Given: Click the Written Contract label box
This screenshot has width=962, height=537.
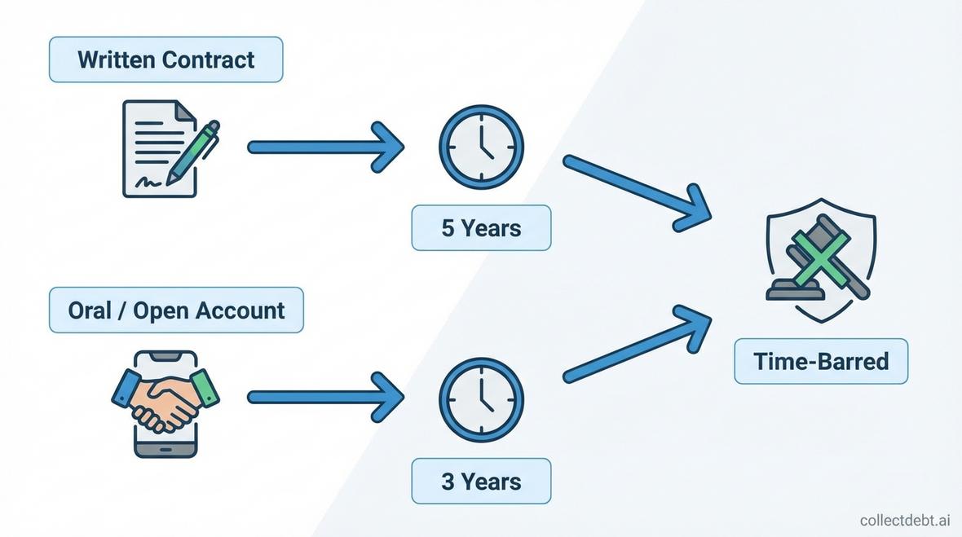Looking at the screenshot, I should click(165, 59).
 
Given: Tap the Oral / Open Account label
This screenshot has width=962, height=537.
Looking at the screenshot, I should click(176, 310).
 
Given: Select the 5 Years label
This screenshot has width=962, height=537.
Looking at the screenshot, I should click(481, 227).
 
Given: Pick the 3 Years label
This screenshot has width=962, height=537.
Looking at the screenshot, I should click(481, 481).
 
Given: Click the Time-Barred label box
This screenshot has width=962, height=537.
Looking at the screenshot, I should click(821, 361).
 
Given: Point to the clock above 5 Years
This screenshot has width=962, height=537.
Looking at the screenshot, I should click(481, 147).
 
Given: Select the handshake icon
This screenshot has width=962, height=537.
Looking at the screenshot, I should click(165, 399).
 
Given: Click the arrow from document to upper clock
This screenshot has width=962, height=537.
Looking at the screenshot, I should click(326, 147).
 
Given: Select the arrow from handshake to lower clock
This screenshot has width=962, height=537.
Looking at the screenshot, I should click(326, 398).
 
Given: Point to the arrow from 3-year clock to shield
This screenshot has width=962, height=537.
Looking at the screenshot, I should click(636, 342).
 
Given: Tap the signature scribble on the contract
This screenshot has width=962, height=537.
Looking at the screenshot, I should click(149, 181).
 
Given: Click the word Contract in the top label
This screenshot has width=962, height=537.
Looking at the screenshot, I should click(208, 59).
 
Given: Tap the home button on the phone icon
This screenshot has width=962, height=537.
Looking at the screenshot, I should click(165, 449).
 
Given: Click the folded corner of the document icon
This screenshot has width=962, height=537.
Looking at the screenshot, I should click(185, 109).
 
